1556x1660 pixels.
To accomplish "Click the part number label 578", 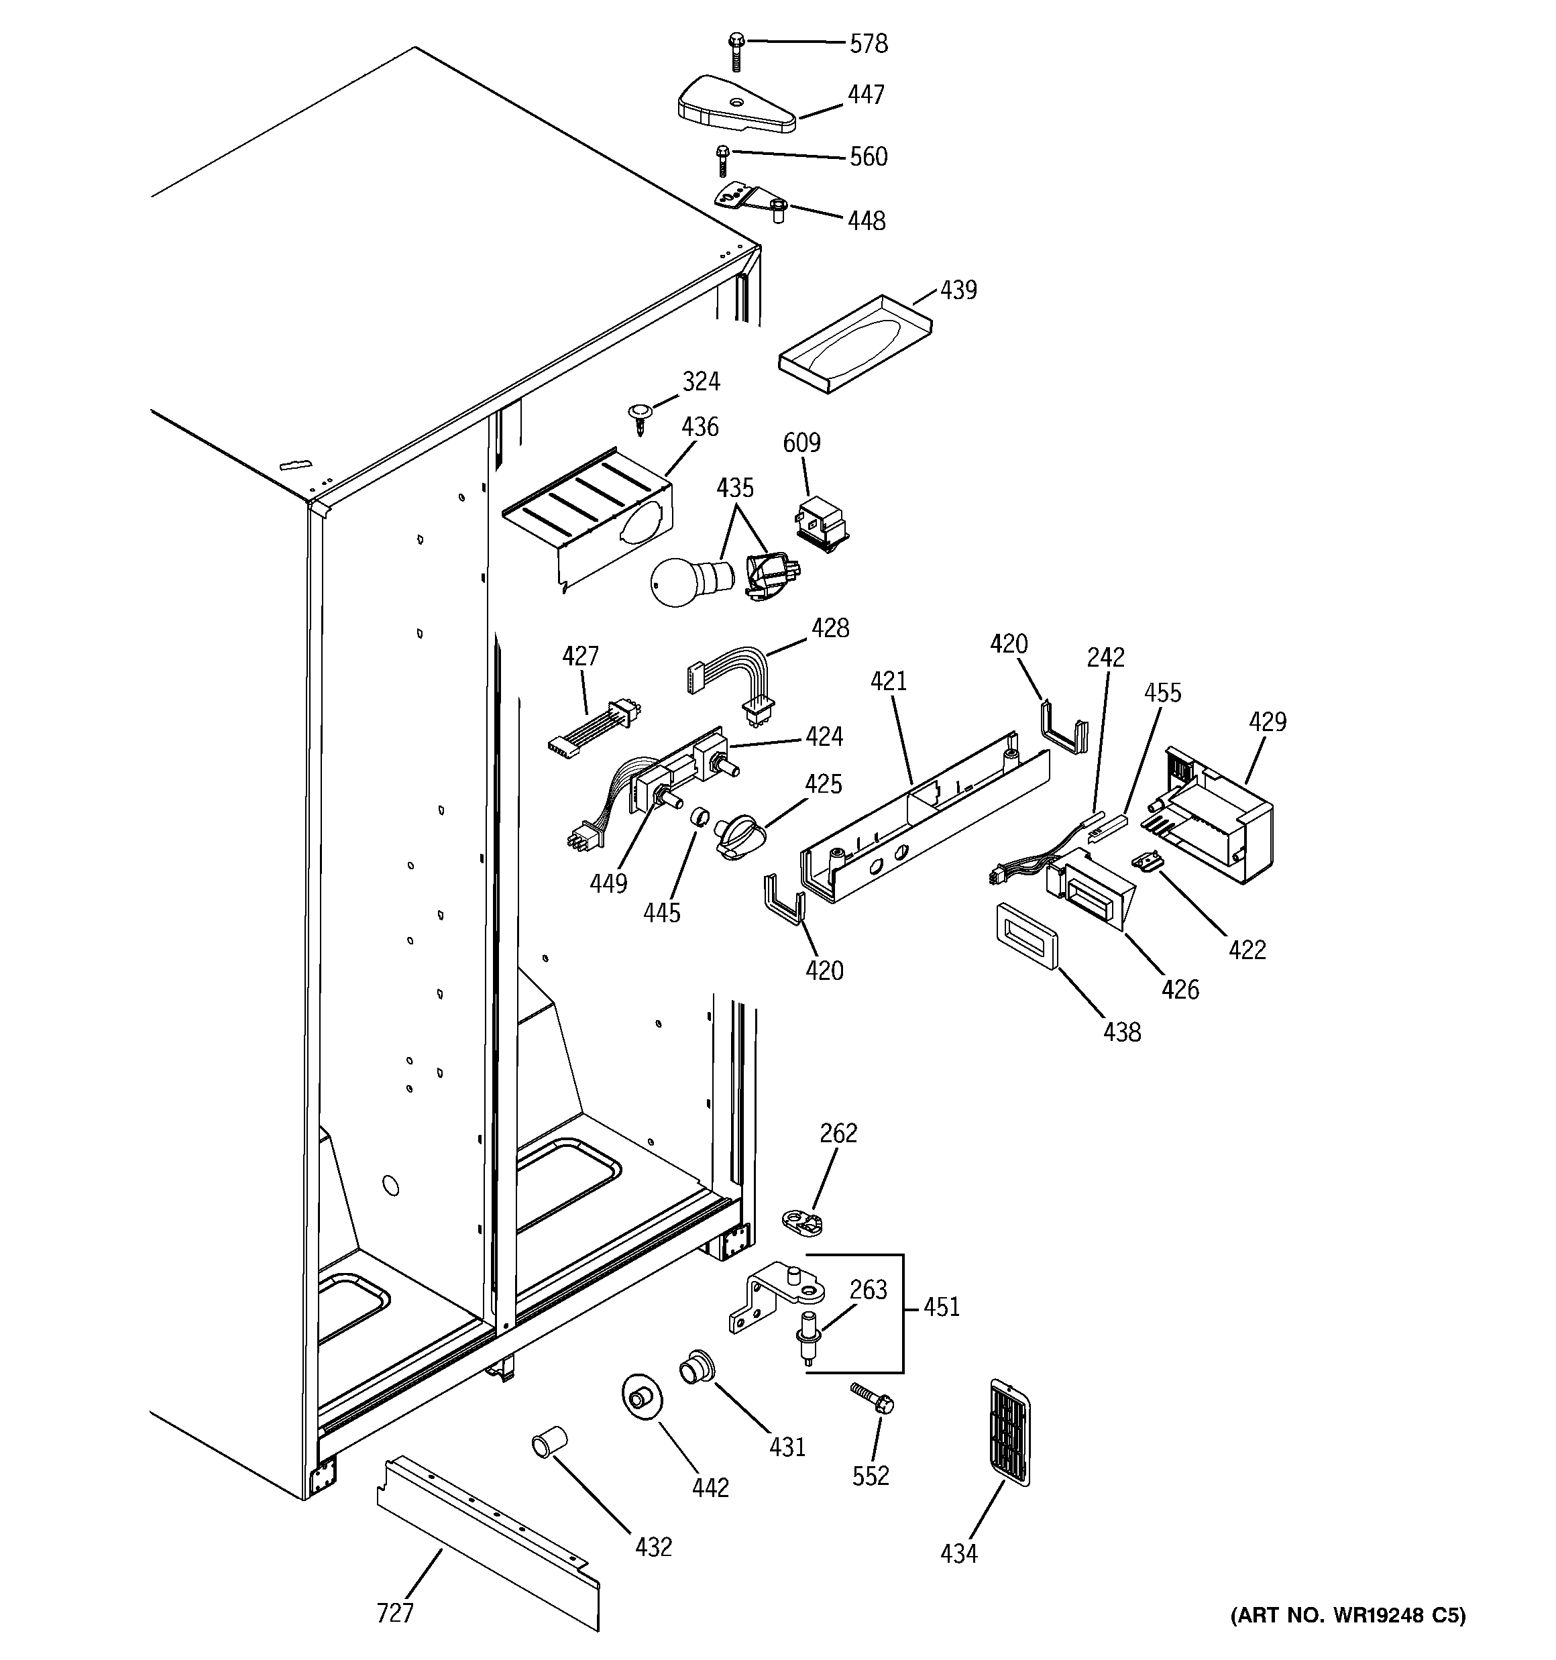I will coord(869,44).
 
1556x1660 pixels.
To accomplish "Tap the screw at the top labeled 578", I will coord(736,50).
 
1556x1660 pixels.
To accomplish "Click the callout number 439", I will coord(958,290).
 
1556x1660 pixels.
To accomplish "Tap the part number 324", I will coord(701,382).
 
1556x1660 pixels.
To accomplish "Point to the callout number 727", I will coord(395,1612).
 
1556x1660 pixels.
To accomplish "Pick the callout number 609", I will coord(801,443).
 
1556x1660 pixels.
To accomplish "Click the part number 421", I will coord(889,681).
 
